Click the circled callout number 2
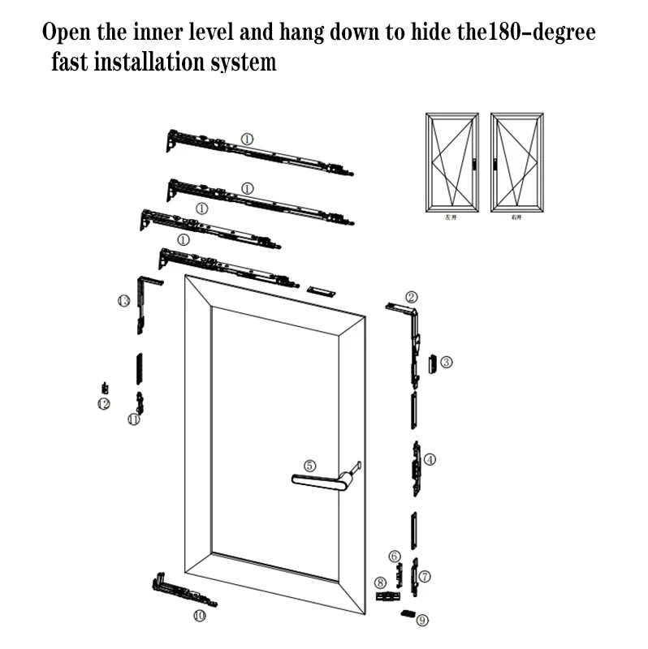[412, 297]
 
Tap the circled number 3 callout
[447, 362]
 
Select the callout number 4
[430, 459]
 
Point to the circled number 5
[309, 466]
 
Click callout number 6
[395, 556]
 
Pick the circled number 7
[425, 576]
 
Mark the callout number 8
[379, 582]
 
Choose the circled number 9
[421, 621]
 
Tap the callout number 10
[200, 616]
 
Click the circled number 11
[134, 419]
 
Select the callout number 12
[104, 403]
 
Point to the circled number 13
[123, 301]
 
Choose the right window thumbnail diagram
[516, 161]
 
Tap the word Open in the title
[67, 33]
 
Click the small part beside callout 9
[408, 613]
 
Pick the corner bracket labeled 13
[146, 296]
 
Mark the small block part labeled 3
[432, 363]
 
